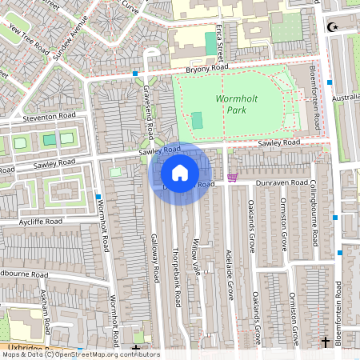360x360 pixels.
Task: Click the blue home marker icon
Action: pyautogui.click(x=180, y=173)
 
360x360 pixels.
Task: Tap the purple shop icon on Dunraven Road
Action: pyautogui.click(x=233, y=178)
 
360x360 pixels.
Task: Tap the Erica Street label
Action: pyautogui.click(x=219, y=40)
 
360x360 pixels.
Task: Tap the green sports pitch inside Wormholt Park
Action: pyautogui.click(x=197, y=121)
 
